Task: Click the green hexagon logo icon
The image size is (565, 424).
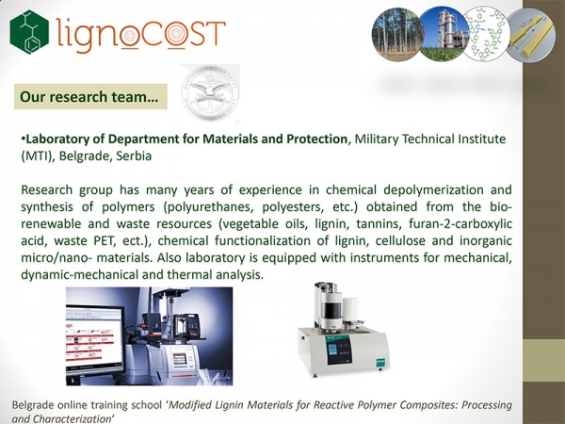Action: click(29, 32)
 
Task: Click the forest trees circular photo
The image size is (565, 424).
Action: click(397, 35)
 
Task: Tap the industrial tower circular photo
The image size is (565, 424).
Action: click(445, 34)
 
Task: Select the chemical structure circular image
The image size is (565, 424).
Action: click(487, 34)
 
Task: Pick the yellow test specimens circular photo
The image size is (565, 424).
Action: click(530, 35)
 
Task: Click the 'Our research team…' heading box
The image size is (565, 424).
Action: click(90, 97)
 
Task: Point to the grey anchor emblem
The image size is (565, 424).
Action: click(210, 93)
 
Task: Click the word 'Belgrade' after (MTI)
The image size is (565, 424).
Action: click(82, 156)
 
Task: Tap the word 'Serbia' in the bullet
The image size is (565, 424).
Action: click(134, 156)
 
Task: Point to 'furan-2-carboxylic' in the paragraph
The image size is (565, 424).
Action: click(460, 224)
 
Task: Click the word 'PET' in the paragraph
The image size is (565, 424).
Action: click(105, 241)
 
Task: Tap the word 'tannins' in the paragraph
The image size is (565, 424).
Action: click(379, 224)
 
